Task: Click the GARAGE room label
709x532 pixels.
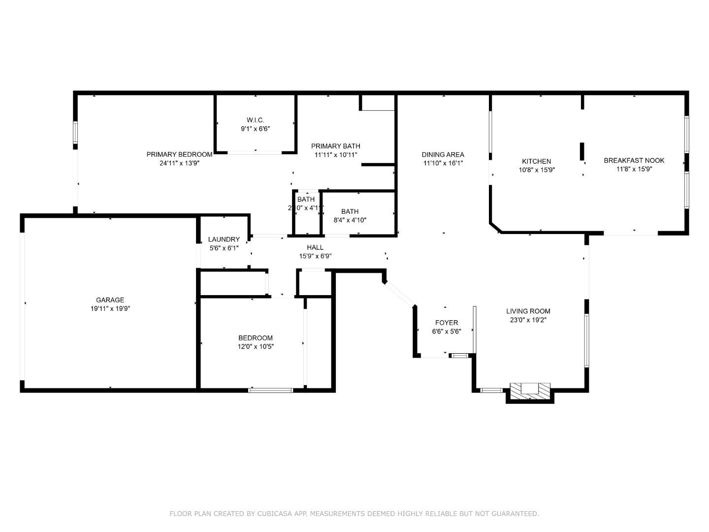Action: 110,300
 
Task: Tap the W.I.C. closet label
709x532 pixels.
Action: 255,120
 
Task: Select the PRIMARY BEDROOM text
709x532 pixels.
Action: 179,154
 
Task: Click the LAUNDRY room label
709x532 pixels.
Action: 224,239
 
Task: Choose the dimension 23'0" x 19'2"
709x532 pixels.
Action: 528,320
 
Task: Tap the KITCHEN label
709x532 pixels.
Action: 536,161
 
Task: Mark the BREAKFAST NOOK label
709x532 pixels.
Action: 634,160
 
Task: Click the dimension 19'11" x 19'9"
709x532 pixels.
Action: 110,309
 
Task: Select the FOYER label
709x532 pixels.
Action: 446,323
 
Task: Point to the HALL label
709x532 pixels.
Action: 315,247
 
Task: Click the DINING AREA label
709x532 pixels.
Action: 443,154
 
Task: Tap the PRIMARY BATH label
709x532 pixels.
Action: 335,146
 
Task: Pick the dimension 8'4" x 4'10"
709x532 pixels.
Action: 350,220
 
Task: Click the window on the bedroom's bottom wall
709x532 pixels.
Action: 271,391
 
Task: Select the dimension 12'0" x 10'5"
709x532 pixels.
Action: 255,346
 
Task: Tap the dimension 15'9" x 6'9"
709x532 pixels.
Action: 315,256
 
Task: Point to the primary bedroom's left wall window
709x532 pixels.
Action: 75,132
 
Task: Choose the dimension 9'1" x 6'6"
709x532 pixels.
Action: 255,129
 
